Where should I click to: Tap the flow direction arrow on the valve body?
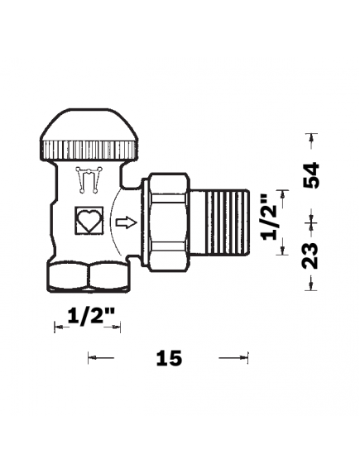click(123, 222)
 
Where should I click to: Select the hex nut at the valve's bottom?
click(87, 277)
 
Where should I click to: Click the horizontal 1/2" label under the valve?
click(89, 316)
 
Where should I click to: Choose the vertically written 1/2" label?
click(266, 217)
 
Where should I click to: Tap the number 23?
click(312, 252)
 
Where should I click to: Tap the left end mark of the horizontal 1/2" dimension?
click(56, 328)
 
